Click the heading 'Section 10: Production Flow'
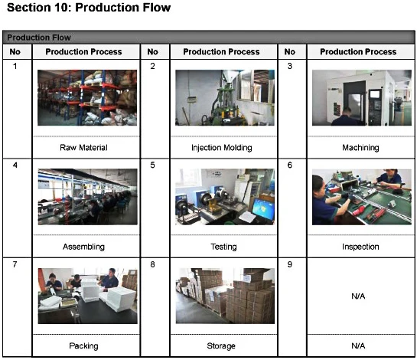(89, 8)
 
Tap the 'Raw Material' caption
(83, 148)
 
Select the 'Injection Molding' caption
(222, 148)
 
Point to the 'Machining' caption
(360, 148)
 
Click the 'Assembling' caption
(83, 247)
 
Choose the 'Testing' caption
(223, 247)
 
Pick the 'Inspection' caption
(360, 247)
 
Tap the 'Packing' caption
(83, 345)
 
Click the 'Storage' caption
(221, 345)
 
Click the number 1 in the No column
(15, 66)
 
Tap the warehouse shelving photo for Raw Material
(87, 97)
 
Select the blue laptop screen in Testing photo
(262, 209)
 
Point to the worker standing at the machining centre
(345, 116)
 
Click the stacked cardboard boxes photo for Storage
(225, 296)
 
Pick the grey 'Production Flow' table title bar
(208, 38)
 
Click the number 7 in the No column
(15, 264)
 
